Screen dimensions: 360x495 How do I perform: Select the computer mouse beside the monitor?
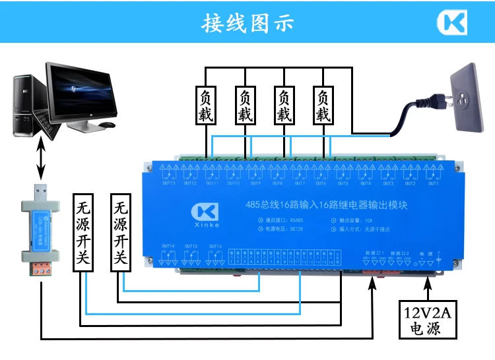tap(106, 124)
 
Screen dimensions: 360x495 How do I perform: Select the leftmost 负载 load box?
tap(205, 105)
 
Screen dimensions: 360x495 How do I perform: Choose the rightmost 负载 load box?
tap(323, 105)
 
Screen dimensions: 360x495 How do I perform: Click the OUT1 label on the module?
tap(433, 183)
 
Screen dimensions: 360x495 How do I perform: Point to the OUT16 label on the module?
tap(215, 246)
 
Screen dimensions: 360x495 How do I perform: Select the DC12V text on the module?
tap(295, 229)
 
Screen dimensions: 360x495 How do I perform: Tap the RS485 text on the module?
tap(296, 220)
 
